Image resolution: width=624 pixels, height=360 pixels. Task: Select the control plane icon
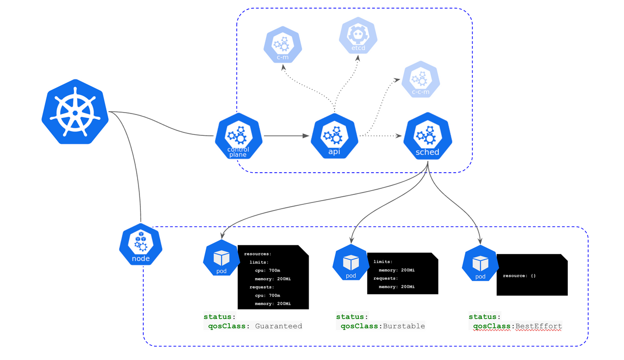(239, 137)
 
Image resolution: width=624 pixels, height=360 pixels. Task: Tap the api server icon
(334, 137)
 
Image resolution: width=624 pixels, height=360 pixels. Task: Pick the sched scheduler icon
(427, 137)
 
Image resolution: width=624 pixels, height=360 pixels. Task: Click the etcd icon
(358, 35)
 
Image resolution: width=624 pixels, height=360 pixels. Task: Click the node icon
(141, 245)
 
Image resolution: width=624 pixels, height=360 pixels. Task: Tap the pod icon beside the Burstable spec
(351, 263)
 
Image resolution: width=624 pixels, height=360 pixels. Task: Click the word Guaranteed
(278, 326)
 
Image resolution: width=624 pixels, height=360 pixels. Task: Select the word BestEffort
(538, 326)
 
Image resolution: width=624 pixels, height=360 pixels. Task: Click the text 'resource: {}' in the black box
(519, 275)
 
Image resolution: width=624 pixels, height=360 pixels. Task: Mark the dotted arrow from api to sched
(383, 136)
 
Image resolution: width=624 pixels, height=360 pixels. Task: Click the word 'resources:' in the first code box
(258, 254)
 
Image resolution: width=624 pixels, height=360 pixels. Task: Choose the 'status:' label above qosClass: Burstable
(352, 316)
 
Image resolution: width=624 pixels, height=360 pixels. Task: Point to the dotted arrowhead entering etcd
(358, 57)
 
